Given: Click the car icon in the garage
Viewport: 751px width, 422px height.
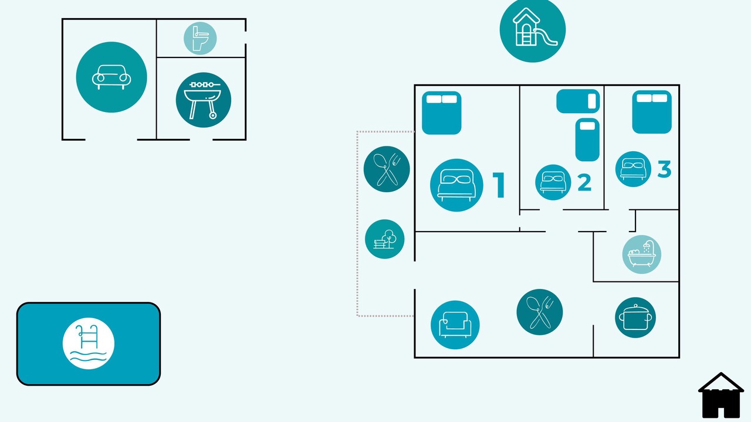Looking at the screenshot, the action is (111, 77).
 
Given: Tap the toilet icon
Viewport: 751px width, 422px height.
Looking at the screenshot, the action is (200, 38).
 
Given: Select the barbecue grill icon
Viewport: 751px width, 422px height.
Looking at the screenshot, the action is (204, 100).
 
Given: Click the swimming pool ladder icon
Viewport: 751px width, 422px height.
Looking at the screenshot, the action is (89, 343).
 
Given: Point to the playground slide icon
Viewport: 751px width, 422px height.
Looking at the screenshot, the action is (532, 29).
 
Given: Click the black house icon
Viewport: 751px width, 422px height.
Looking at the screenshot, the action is (721, 395).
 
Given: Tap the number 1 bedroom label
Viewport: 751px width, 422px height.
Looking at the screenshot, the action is (499, 185).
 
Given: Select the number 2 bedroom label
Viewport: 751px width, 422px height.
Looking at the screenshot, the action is (585, 182).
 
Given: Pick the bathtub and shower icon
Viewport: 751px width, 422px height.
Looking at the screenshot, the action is (642, 254).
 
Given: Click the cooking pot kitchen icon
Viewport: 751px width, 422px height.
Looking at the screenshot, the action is (635, 318).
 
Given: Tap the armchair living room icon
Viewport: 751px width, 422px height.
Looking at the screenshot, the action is (455, 325).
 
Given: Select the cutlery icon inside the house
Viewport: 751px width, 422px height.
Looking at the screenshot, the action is (540, 312).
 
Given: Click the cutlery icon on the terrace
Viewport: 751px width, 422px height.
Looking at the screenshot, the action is (387, 169).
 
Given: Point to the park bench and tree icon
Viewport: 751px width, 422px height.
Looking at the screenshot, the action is (384, 239).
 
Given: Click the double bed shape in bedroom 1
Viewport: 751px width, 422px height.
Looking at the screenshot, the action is (442, 113).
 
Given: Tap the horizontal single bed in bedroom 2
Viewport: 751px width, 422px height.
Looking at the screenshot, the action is (578, 101).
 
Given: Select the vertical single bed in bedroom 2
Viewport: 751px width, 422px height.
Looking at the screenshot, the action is (587, 139).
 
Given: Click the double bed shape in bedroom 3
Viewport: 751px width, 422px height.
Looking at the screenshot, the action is (652, 112).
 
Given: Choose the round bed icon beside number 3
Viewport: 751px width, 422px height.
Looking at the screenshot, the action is (633, 169).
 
